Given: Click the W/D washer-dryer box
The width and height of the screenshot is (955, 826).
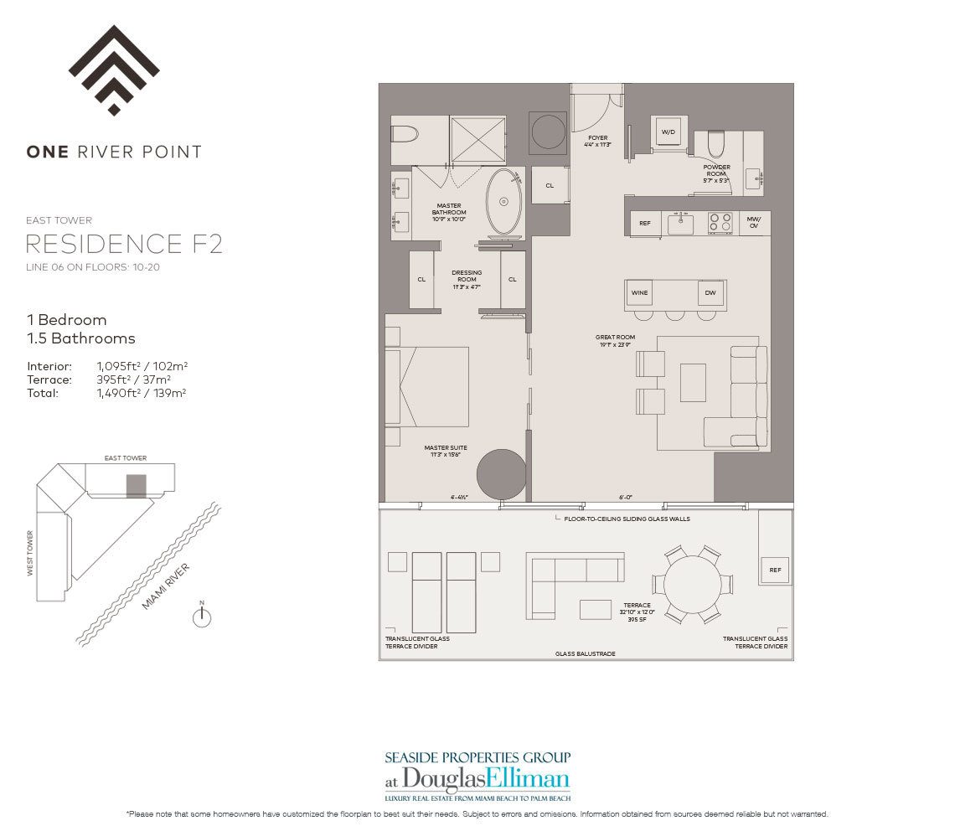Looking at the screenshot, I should click(x=668, y=132).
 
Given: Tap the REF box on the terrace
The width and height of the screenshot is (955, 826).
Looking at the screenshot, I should click(x=774, y=570).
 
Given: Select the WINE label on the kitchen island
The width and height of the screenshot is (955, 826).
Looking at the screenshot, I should click(x=640, y=292).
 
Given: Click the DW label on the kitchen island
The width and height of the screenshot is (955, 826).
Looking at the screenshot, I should click(x=710, y=292).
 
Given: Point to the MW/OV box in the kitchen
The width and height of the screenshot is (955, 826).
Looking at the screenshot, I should click(x=754, y=223).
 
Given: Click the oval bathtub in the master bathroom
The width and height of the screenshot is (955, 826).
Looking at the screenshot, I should click(x=503, y=201).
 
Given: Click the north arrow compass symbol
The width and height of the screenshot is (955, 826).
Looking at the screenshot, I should click(x=202, y=617).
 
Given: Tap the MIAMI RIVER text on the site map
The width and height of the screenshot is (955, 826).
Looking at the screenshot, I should click(x=166, y=586).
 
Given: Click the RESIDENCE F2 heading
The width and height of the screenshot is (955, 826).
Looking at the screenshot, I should click(x=124, y=245).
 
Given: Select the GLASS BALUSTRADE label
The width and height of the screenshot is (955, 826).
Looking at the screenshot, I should click(x=586, y=653).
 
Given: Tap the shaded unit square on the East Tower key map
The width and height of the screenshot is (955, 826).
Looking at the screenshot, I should click(x=136, y=486).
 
